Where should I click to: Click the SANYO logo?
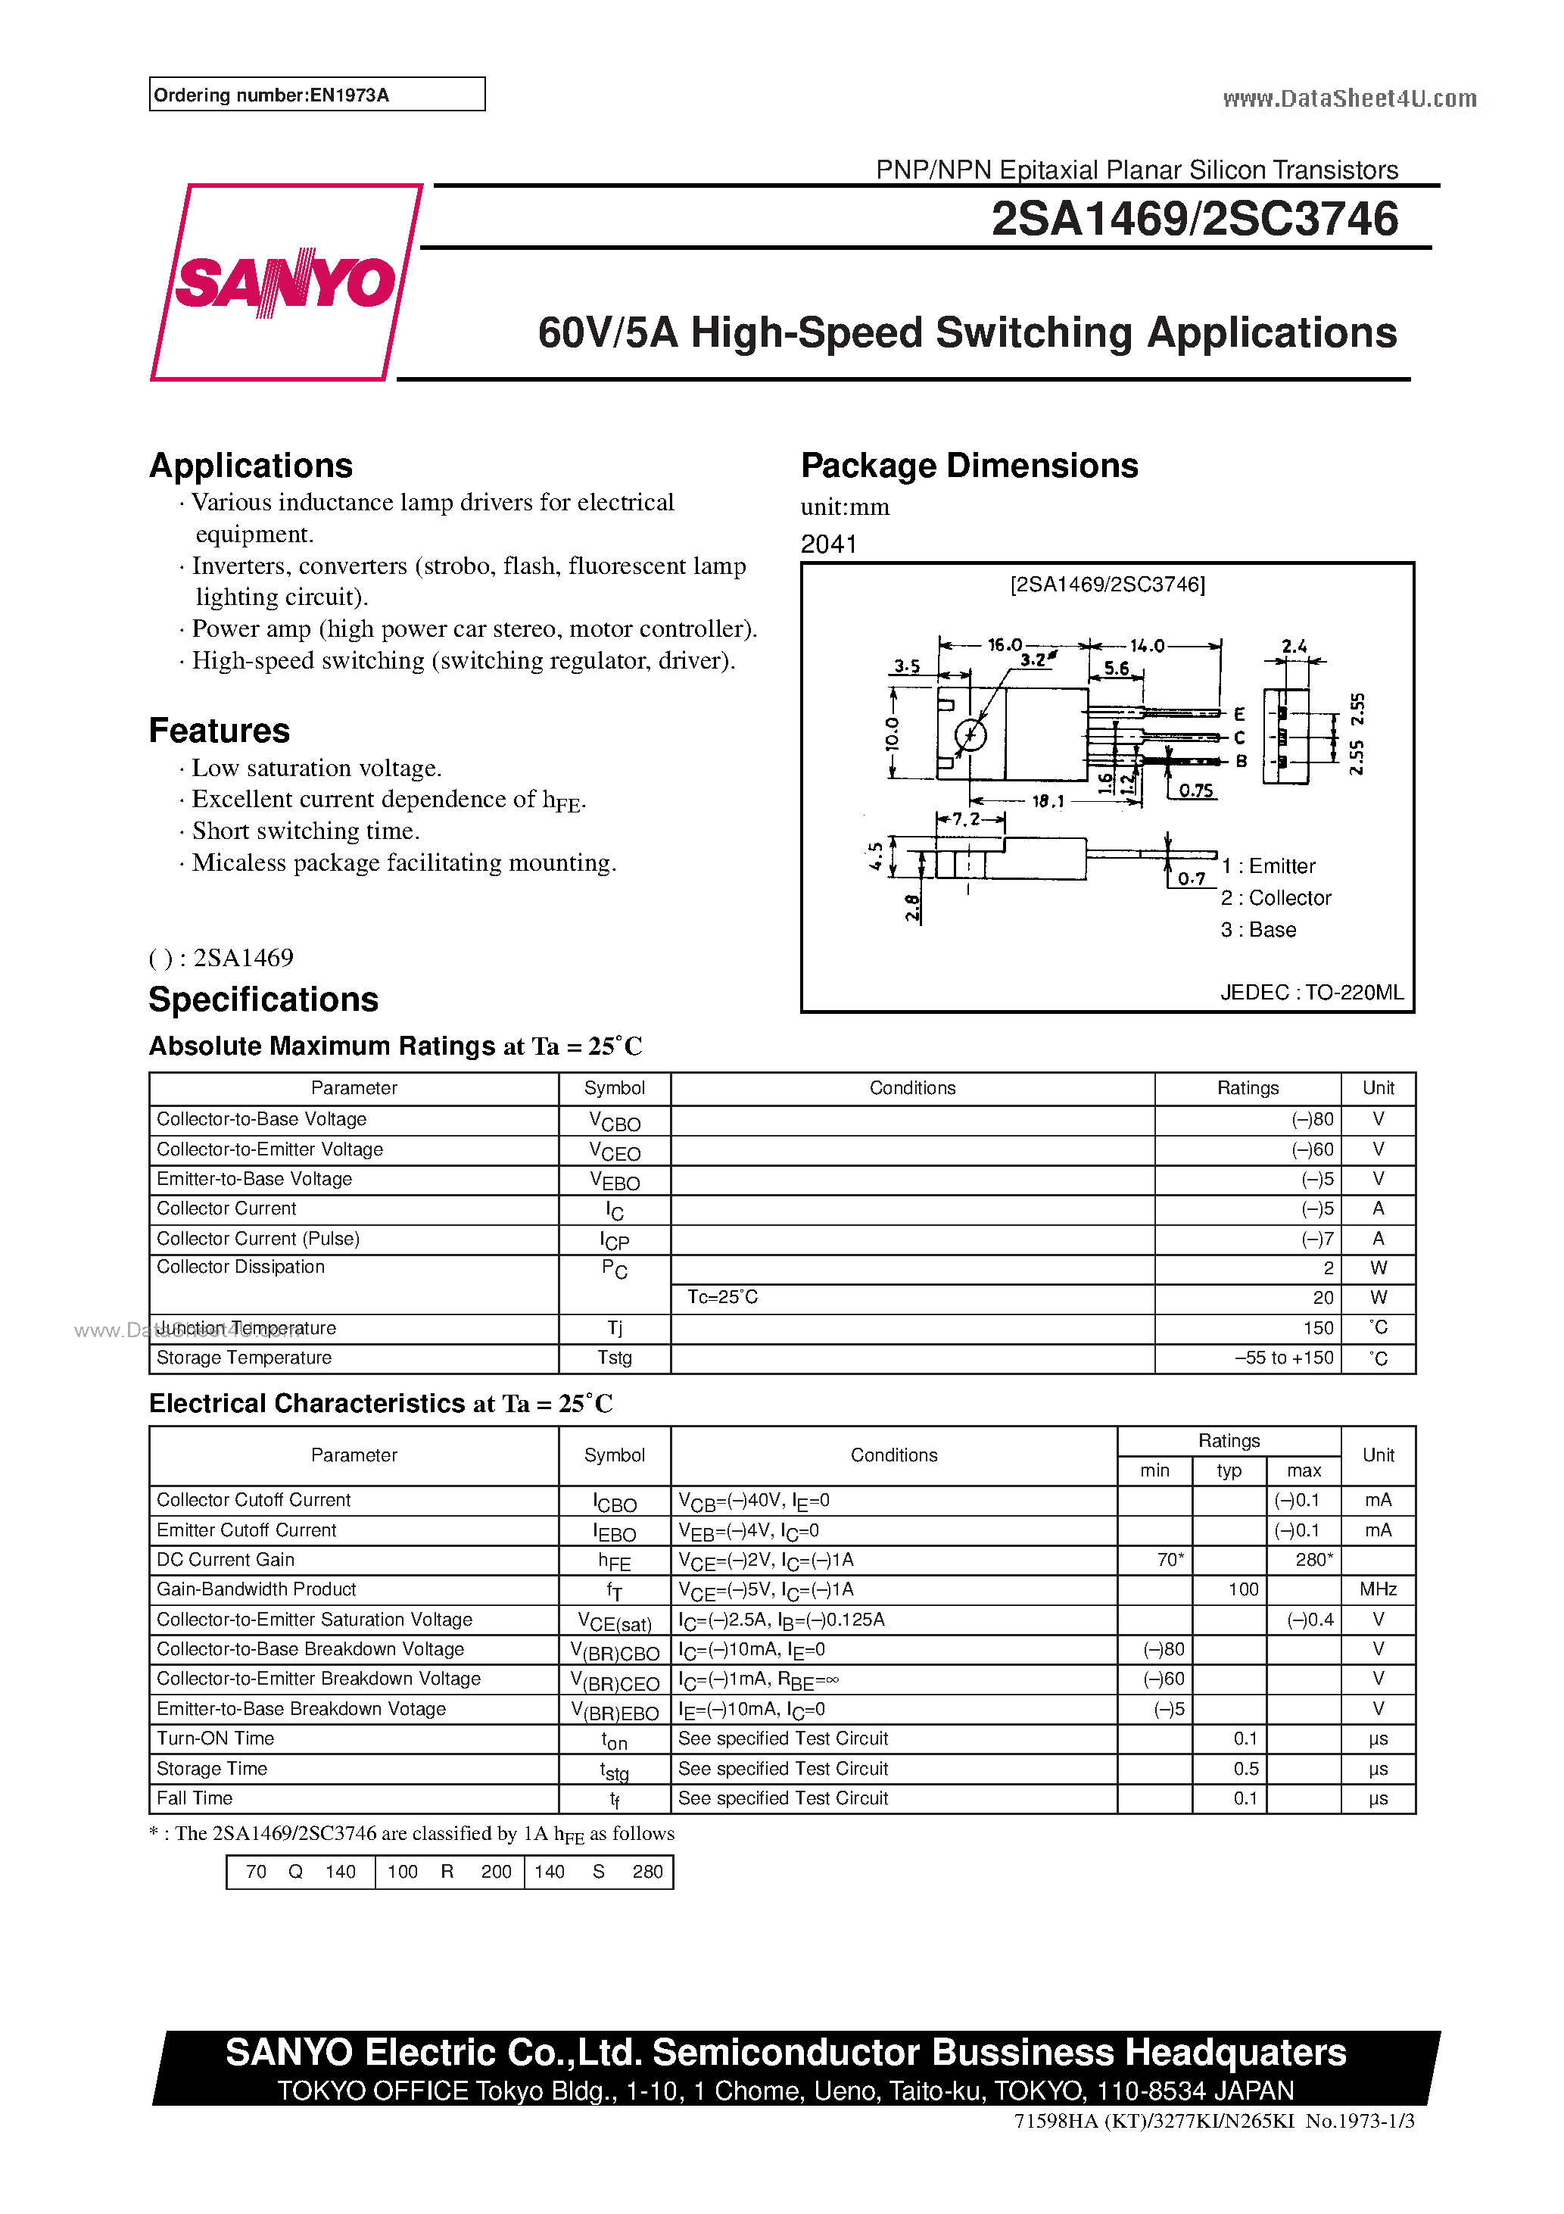(285, 282)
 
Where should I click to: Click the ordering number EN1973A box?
(316, 95)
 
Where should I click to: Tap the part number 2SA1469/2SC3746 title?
(1194, 219)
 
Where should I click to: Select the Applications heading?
(251, 466)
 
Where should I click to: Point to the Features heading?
(219, 731)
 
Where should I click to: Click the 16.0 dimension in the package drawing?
(1004, 645)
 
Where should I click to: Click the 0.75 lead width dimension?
(1195, 790)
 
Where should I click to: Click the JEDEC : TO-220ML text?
(1311, 992)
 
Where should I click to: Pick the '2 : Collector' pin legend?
(1275, 898)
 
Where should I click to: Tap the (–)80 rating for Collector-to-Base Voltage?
(1313, 1120)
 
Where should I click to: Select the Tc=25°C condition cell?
(722, 1297)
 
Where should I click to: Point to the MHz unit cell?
(1378, 1589)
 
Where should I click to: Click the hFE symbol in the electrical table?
(614, 1561)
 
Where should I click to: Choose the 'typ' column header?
(1229, 1470)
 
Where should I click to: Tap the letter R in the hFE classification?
(447, 1872)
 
